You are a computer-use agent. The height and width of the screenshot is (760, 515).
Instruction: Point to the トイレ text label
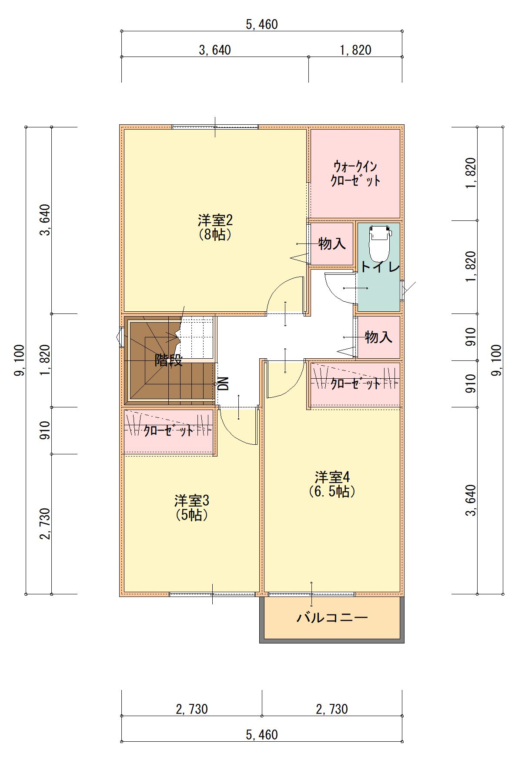tap(380, 267)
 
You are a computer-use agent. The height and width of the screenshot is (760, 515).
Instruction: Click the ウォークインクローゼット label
tap(355, 173)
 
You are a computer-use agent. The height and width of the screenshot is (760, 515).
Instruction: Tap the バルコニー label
tap(332, 617)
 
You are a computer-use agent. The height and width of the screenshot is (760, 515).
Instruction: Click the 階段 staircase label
tap(169, 360)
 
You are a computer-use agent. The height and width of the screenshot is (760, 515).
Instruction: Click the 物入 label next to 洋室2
tap(332, 243)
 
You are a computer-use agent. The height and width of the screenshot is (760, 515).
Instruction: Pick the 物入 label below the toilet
tap(379, 337)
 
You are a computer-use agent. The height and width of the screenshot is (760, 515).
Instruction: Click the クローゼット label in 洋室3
tap(168, 430)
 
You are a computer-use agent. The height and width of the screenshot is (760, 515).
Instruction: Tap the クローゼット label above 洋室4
tap(355, 383)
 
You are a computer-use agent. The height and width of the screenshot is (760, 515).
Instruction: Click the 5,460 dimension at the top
tap(262, 24)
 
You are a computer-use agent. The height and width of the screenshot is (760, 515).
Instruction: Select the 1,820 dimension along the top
tap(355, 50)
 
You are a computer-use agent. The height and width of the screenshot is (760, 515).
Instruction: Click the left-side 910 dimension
tap(46, 430)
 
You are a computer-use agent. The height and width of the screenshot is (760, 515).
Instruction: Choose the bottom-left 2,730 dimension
tap(192, 709)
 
